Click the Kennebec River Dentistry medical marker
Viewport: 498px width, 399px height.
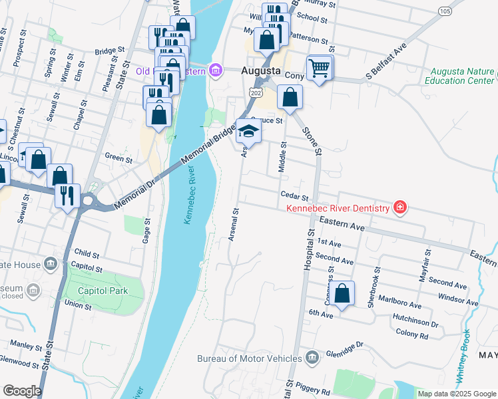point(399,208)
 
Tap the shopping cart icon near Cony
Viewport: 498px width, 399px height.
point(319,67)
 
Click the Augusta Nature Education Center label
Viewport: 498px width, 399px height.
point(461,76)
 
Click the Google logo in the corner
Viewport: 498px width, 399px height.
point(21,391)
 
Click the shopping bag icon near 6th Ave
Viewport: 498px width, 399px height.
point(342,294)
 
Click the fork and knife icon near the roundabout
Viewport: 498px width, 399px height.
point(68,196)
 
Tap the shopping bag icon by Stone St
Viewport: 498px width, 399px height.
point(290,98)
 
